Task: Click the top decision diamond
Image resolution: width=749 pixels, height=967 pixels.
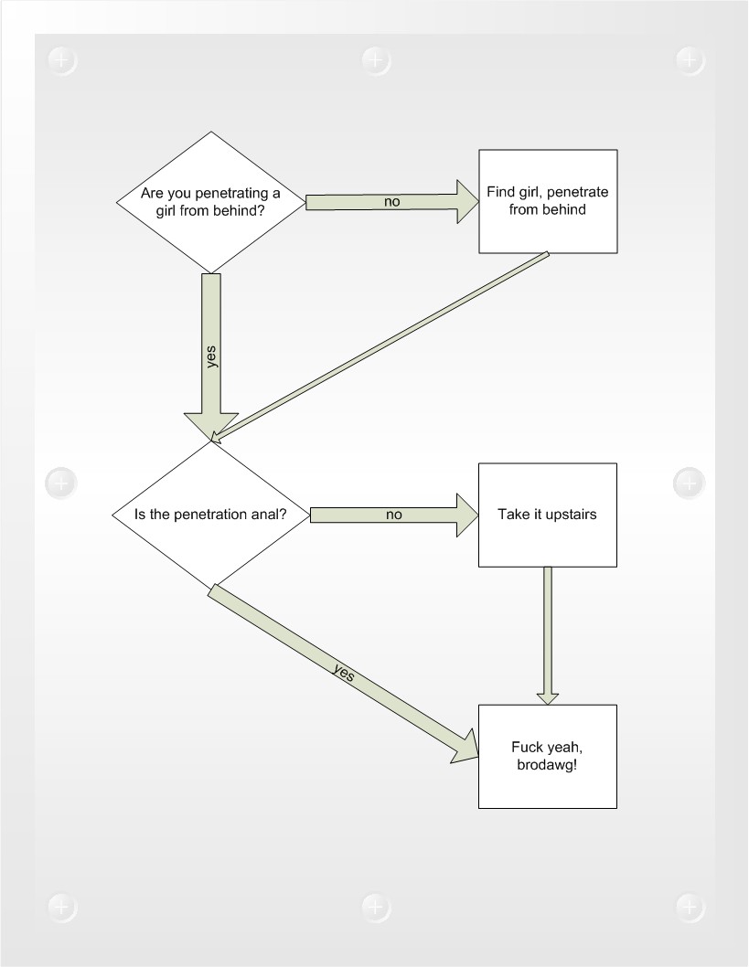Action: click(211, 202)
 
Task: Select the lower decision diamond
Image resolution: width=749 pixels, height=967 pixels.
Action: click(211, 515)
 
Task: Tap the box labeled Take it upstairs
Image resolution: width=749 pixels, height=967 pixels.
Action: click(548, 515)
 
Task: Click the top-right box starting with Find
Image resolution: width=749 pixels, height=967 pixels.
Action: click(548, 201)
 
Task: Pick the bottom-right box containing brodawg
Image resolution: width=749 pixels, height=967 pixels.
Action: click(548, 756)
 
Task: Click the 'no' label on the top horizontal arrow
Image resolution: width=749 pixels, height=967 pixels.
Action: click(391, 202)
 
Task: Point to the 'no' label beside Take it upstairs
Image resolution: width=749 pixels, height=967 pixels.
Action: click(393, 515)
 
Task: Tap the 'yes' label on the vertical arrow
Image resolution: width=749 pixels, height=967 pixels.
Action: click(211, 357)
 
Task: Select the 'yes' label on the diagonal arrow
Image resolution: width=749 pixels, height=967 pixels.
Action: click(344, 672)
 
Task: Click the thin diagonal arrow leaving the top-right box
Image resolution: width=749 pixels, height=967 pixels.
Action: click(380, 346)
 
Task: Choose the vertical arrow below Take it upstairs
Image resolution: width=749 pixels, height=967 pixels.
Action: click(548, 636)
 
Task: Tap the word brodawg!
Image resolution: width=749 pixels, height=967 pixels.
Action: click(547, 765)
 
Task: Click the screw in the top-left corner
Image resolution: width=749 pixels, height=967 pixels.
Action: click(61, 60)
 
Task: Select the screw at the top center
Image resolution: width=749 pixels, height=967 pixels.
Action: click(376, 60)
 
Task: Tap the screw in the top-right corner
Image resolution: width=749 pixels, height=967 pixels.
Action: click(690, 60)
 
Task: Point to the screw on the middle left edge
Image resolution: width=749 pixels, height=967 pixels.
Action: click(61, 483)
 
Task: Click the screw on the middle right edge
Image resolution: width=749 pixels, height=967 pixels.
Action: click(690, 483)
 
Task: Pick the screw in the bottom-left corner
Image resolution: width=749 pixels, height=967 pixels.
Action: click(61, 908)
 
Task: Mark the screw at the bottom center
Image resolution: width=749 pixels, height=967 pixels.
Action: click(376, 908)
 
